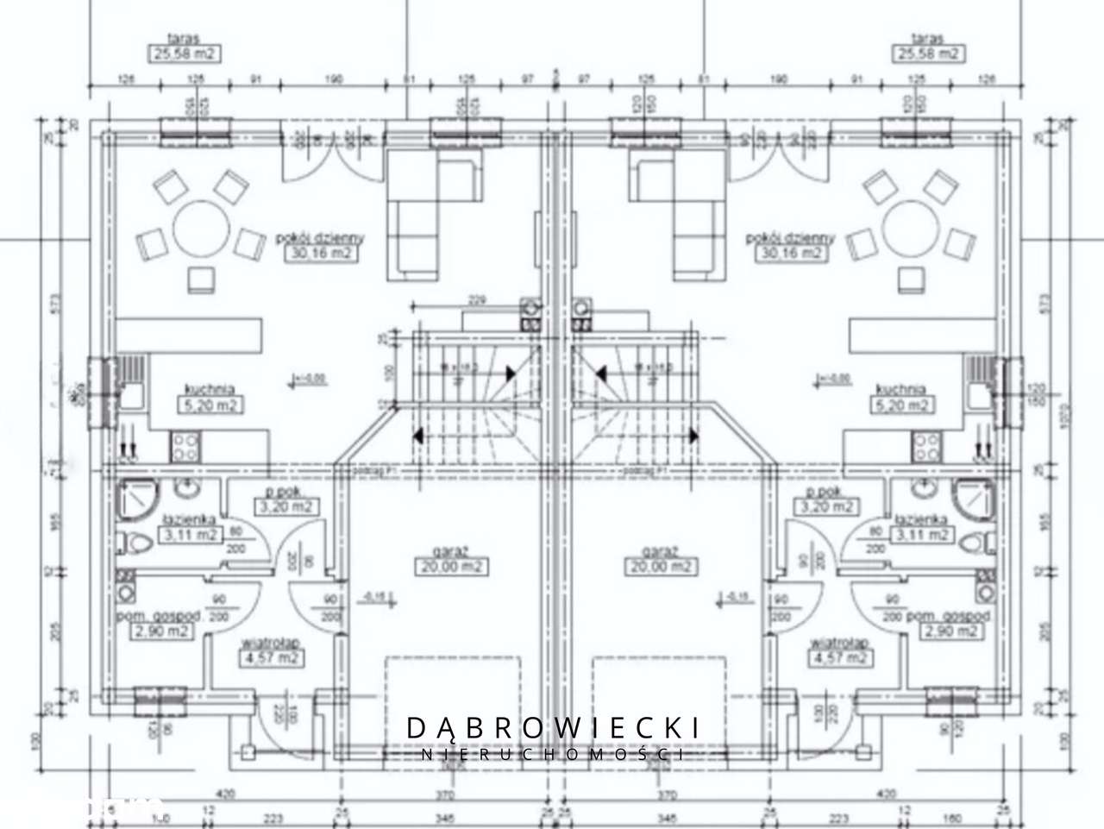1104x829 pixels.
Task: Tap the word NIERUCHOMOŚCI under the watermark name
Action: click(x=554, y=754)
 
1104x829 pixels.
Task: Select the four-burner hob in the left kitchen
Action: click(x=185, y=445)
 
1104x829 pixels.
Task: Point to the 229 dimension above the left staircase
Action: click(x=476, y=301)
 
